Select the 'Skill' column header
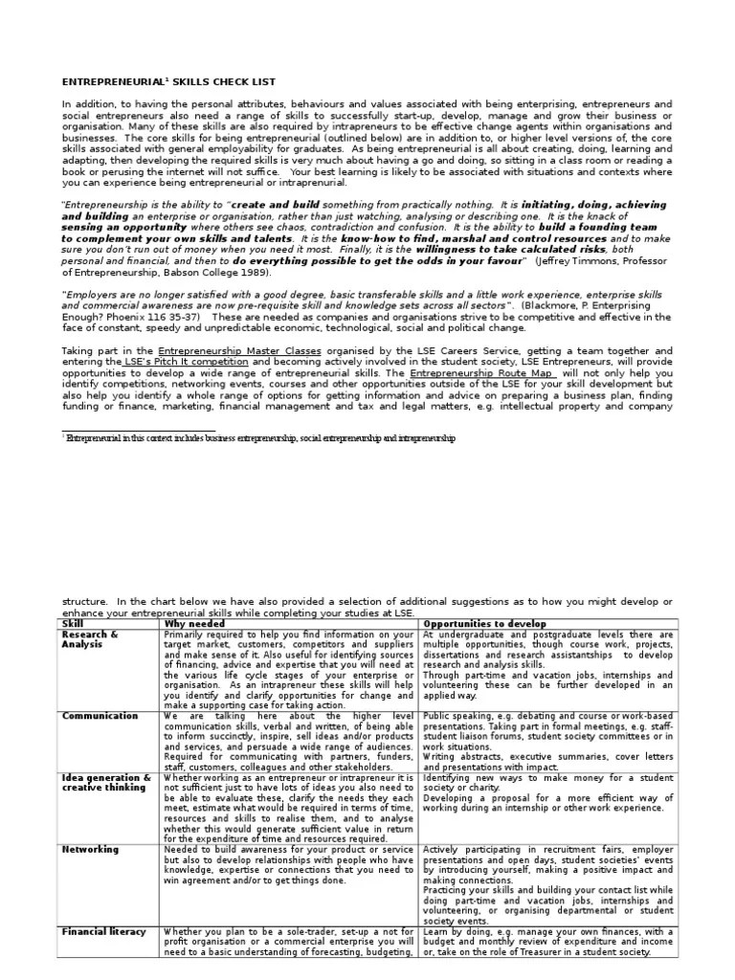(x=73, y=624)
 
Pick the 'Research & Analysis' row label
(x=90, y=639)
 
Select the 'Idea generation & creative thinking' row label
(x=106, y=784)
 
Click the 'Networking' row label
(x=91, y=849)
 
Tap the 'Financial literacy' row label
(x=104, y=930)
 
